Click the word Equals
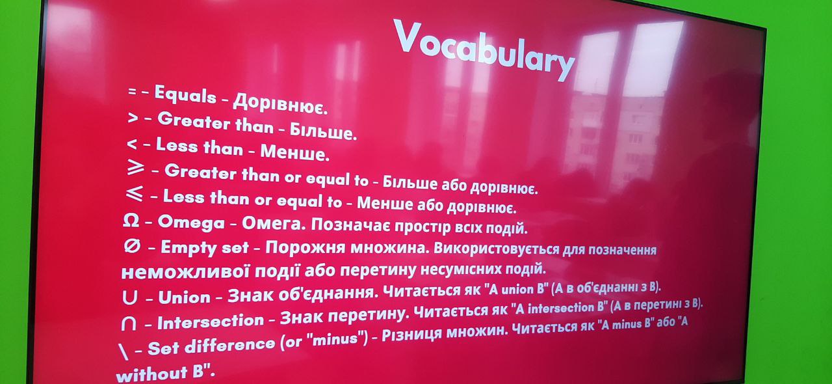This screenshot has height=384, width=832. [185, 95]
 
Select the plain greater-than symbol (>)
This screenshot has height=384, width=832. [133, 118]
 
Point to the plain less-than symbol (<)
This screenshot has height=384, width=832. [132, 144]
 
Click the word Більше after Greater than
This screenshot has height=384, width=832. [323, 131]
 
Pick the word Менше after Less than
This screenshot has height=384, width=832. [294, 152]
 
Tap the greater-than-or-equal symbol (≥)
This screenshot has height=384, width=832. [135, 169]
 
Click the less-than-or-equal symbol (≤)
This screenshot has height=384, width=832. [134, 194]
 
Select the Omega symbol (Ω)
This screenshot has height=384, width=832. [131, 222]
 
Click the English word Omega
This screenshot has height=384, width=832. [191, 223]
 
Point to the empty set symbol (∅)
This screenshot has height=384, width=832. [132, 246]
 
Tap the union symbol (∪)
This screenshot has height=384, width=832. [129, 297]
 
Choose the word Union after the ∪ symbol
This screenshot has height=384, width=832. [185, 297]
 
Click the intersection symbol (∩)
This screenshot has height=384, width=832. [129, 323]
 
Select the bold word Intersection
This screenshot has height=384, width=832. [211, 322]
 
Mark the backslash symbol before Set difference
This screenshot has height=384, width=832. [123, 352]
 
